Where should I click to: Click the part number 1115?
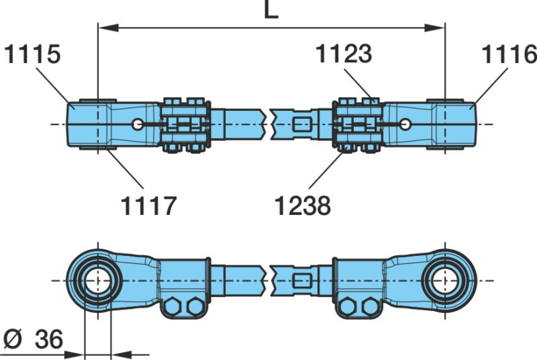click(x=32, y=54)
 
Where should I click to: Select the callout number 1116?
click(x=508, y=54)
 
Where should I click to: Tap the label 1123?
click(x=344, y=54)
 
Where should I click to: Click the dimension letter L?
click(x=271, y=11)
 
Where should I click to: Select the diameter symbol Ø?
click(x=12, y=340)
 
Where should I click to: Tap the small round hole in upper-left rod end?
click(x=138, y=124)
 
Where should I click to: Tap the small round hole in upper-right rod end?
click(x=405, y=124)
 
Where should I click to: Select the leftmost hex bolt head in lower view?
click(x=174, y=306)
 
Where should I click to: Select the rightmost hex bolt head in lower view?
click(x=368, y=306)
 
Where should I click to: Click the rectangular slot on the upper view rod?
click(x=303, y=124)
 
